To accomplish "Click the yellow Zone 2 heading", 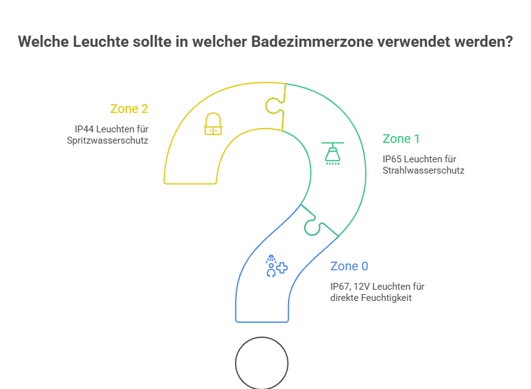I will (x=129, y=109).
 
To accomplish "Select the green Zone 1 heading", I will (x=401, y=139).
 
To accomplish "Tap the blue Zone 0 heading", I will (x=349, y=266).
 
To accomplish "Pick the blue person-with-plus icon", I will (x=275, y=266).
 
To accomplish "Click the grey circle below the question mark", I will (x=262, y=363).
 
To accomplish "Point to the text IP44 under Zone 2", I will (x=84, y=129).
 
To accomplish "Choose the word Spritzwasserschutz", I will (x=107, y=140).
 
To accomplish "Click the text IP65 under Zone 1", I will (x=393, y=159).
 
